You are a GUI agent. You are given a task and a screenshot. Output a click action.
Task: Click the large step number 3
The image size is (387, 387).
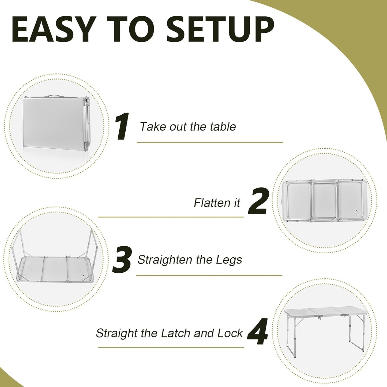(x=122, y=260)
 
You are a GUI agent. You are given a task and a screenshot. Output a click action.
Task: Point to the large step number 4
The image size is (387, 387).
(x=257, y=332)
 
